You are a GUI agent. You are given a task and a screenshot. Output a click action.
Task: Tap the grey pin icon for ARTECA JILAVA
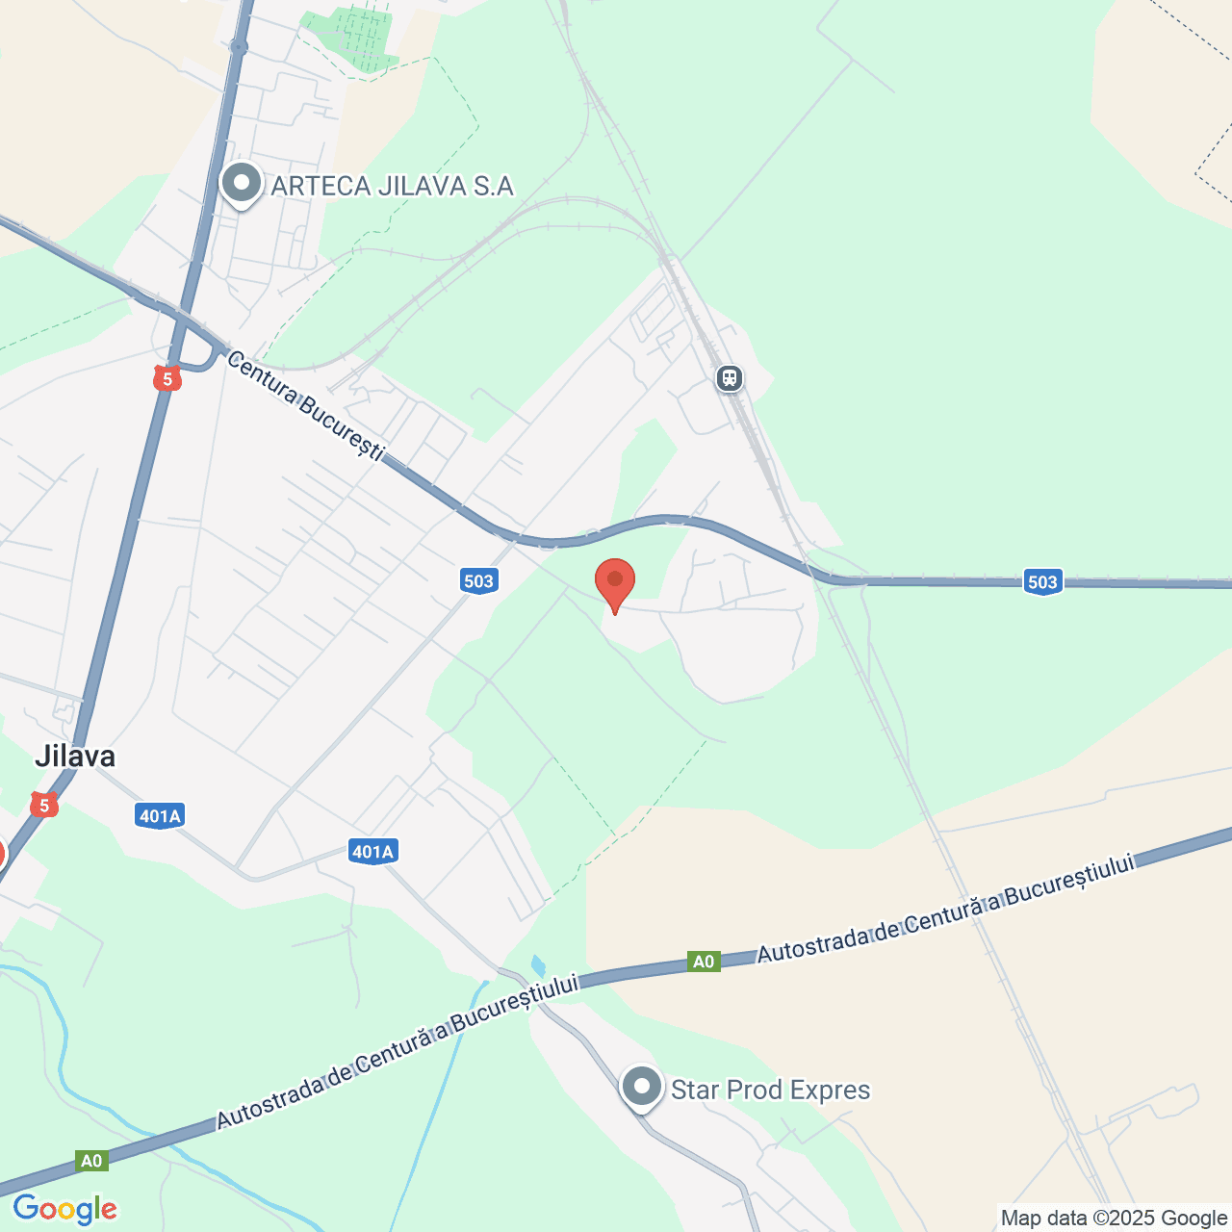coord(242,183)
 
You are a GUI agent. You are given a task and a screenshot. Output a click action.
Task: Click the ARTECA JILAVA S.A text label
coord(392,186)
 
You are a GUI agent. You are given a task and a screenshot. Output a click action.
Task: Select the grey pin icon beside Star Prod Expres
coord(642,1088)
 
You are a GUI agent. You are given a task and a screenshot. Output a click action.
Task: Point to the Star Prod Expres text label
coord(770,1090)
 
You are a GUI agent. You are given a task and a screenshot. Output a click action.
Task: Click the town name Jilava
coord(75,756)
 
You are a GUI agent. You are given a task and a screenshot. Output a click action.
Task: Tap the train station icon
coord(730,378)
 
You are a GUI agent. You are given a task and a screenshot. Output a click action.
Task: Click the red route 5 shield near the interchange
coord(167,378)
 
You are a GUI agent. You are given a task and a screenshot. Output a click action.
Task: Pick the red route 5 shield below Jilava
coord(43,805)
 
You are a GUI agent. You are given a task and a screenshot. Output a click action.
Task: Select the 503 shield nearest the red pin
coord(478,580)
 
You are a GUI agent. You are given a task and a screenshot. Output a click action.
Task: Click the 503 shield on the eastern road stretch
coord(1042,581)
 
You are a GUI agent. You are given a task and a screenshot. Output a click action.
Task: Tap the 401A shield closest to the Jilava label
coord(160,816)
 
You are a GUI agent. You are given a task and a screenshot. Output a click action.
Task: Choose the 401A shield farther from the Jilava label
coord(372,851)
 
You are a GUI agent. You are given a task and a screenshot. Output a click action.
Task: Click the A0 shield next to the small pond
coord(704,961)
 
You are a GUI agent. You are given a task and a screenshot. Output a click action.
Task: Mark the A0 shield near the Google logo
coord(91,1161)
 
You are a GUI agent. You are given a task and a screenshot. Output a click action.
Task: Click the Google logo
coord(65,1209)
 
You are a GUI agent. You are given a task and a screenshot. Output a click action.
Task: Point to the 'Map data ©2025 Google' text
coord(1114,1219)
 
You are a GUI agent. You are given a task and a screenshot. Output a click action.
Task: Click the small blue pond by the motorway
coord(537,964)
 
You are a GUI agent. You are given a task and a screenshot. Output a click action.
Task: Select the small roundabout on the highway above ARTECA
coord(240,45)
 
